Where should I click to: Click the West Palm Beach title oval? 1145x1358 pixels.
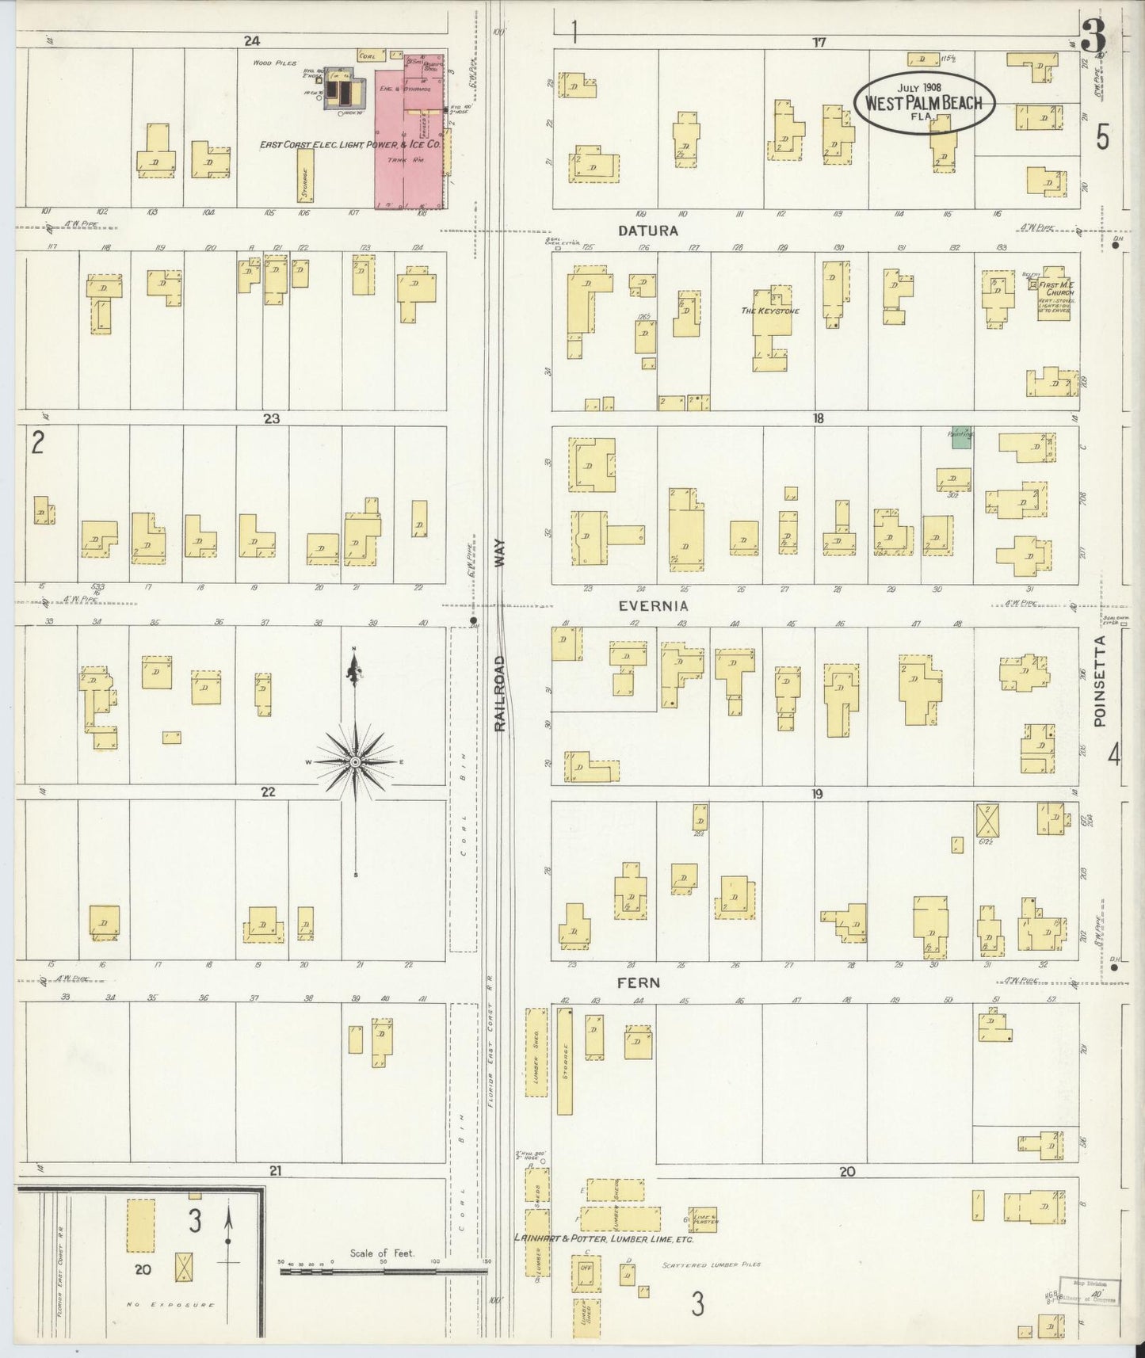click(x=924, y=102)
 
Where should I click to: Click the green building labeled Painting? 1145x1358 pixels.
click(x=961, y=438)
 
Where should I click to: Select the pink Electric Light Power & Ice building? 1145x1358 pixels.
click(x=408, y=135)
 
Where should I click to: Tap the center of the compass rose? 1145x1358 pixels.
click(x=356, y=761)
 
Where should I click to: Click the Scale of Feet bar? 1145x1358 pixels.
click(x=384, y=1270)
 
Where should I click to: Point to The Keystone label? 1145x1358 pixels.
click(x=769, y=311)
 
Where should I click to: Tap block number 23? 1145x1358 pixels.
click(x=272, y=418)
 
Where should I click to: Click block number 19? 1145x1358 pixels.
click(x=817, y=793)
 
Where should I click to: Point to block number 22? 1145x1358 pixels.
click(x=268, y=791)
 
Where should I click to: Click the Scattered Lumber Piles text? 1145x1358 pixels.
click(x=712, y=1265)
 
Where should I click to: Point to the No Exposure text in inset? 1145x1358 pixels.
click(x=170, y=1304)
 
